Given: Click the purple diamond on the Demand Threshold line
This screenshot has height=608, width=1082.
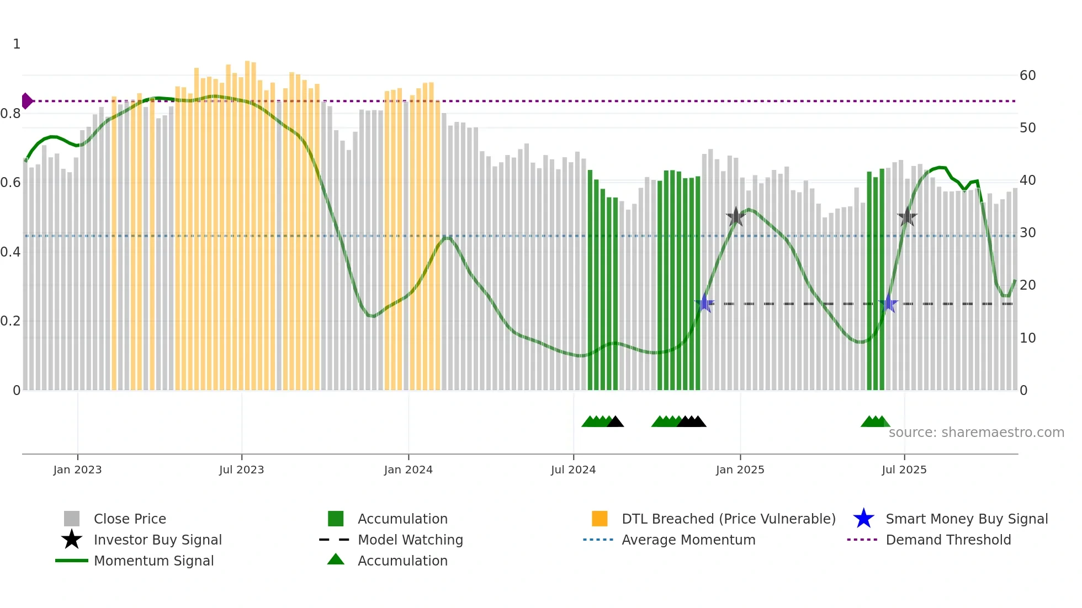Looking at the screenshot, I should click(x=26, y=101).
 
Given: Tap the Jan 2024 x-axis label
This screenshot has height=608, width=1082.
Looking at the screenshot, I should click(x=408, y=470).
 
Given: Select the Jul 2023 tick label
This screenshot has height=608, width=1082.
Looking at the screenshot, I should click(x=241, y=470).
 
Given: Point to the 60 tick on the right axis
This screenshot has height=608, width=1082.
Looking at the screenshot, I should click(x=1027, y=76).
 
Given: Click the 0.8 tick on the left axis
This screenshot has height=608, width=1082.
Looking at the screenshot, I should click(x=10, y=114).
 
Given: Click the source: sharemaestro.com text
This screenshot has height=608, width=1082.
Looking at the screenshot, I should click(x=976, y=433).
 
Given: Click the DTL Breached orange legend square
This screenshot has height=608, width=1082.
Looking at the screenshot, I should click(x=600, y=519).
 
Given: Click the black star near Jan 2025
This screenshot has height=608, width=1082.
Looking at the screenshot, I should click(x=735, y=217).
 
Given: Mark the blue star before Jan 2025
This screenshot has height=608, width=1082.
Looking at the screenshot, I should click(x=704, y=303).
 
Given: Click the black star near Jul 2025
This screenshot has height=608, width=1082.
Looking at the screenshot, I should click(x=907, y=217).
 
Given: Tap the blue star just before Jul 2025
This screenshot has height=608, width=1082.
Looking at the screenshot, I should click(x=888, y=303).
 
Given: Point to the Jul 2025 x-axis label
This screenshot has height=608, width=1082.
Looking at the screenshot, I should click(x=904, y=470).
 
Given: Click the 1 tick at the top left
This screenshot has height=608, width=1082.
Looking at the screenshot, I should click(x=17, y=44).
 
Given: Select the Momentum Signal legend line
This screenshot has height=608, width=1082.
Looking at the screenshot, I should click(x=72, y=561).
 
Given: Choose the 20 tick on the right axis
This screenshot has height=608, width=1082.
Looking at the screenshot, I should click(x=1027, y=285).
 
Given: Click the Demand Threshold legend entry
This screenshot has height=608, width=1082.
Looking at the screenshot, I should click(x=948, y=540).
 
